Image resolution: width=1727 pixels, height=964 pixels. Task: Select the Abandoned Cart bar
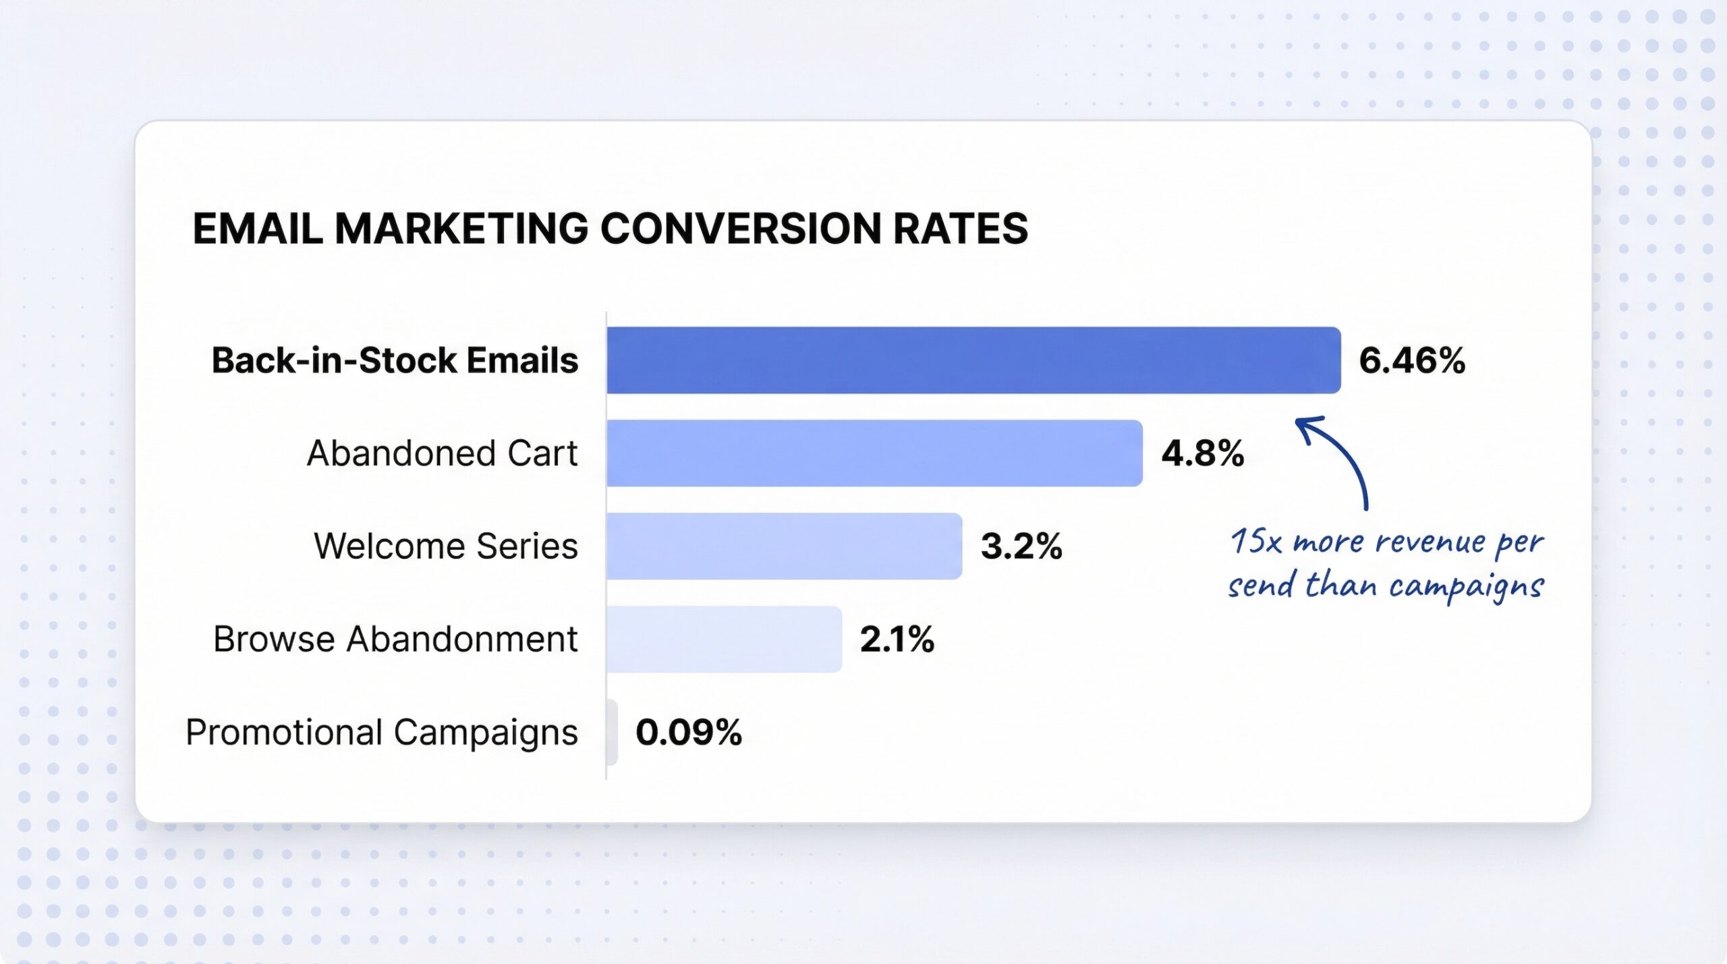(874, 453)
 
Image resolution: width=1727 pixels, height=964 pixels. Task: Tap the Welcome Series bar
(784, 546)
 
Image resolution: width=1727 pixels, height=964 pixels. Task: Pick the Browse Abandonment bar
(724, 639)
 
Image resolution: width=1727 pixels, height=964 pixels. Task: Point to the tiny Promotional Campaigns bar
(612, 732)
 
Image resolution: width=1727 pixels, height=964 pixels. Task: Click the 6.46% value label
(1412, 360)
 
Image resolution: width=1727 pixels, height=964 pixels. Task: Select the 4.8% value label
(1203, 453)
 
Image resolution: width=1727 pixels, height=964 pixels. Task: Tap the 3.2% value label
(1021, 546)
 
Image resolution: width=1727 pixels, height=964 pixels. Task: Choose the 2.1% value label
(897, 639)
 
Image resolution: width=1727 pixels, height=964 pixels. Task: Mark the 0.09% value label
(689, 732)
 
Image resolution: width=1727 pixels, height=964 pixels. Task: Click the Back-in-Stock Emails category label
(395, 360)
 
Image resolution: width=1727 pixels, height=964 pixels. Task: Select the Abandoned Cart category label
(442, 453)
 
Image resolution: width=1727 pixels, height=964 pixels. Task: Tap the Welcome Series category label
(445, 546)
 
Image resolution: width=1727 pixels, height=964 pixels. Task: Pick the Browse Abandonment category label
(395, 639)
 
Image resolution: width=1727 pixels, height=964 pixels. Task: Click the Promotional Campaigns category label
(382, 732)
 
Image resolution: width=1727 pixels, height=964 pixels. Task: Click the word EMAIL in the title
(258, 228)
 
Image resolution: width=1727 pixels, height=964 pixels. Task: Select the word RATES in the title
(961, 228)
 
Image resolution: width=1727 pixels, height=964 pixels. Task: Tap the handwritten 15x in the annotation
(1255, 541)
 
